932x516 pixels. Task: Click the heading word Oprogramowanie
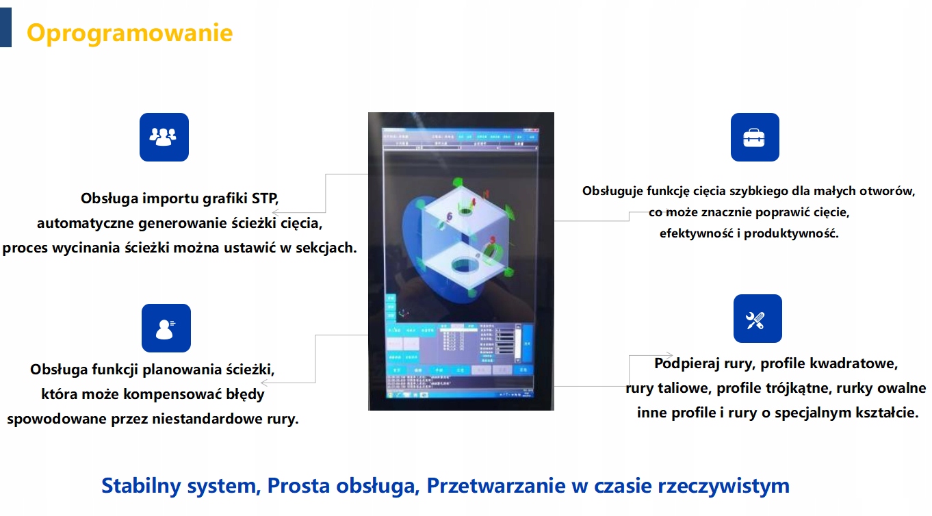coord(129,33)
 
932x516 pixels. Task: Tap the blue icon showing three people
coord(164,137)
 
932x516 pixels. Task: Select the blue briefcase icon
coord(754,138)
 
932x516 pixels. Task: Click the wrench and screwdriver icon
coord(757,319)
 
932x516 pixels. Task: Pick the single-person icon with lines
coord(166,328)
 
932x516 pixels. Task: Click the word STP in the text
coord(263,199)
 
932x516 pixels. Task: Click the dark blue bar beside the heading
coord(5,24)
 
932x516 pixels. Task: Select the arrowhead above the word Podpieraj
coord(650,354)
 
